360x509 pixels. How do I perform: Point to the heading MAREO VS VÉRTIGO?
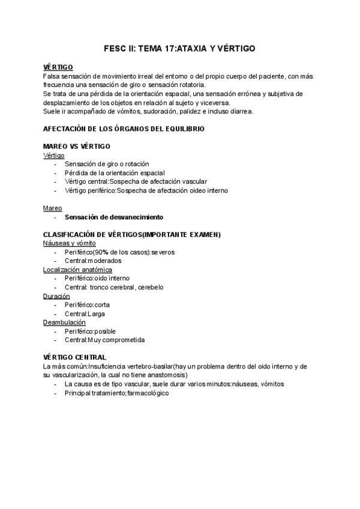pyautogui.click(x=77, y=146)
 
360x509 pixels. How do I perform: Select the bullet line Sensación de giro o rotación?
pyautogui.click(x=107, y=164)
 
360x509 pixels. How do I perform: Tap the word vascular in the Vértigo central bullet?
pyautogui.click(x=208, y=182)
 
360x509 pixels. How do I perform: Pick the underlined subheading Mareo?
pyautogui.click(x=53, y=208)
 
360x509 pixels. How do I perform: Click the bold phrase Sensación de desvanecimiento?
pyautogui.click(x=114, y=217)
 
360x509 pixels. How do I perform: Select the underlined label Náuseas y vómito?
pyautogui.click(x=70, y=243)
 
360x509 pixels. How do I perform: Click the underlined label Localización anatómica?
pyautogui.click(x=77, y=270)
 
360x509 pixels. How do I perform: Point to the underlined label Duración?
pyautogui.click(x=56, y=296)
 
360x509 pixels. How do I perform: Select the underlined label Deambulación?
pyautogui.click(x=64, y=322)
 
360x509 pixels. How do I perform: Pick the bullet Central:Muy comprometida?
pyautogui.click(x=104, y=340)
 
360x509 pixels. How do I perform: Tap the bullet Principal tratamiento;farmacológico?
pyautogui.click(x=117, y=393)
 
